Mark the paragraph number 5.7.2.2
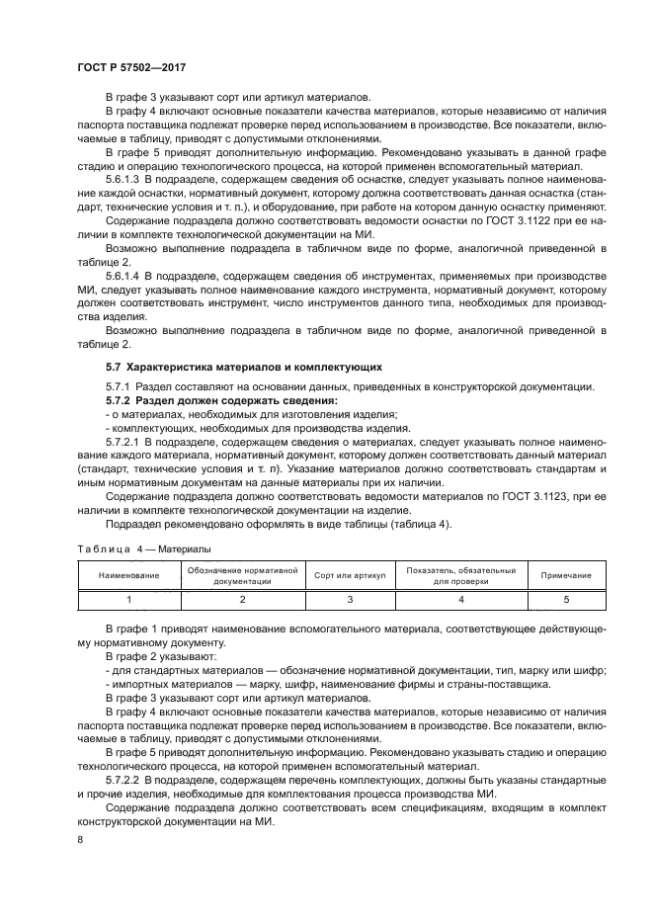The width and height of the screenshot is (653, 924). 124,782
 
